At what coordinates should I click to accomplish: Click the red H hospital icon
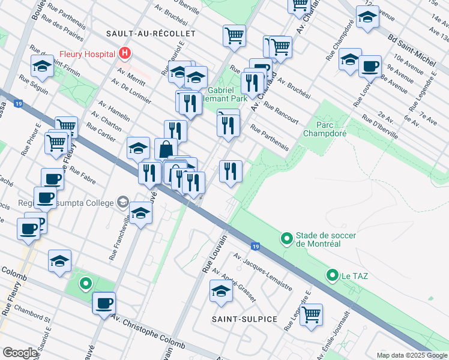point(125,53)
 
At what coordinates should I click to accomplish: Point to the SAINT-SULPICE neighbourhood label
point(244,319)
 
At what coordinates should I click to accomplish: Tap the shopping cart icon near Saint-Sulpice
point(311,314)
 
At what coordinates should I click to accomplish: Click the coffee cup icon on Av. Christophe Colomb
point(104,303)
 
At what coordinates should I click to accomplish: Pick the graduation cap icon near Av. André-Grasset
point(221,292)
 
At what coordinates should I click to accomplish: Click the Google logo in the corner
point(20,352)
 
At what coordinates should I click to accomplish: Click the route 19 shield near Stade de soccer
point(256,246)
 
